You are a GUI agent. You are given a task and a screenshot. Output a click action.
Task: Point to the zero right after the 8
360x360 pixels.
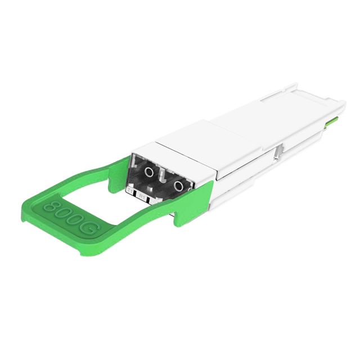coord(64,213)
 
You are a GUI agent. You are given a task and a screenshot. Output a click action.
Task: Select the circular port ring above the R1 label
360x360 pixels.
coord(179,186)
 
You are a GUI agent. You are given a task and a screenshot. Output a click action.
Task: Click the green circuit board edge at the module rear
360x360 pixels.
coord(335,118)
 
